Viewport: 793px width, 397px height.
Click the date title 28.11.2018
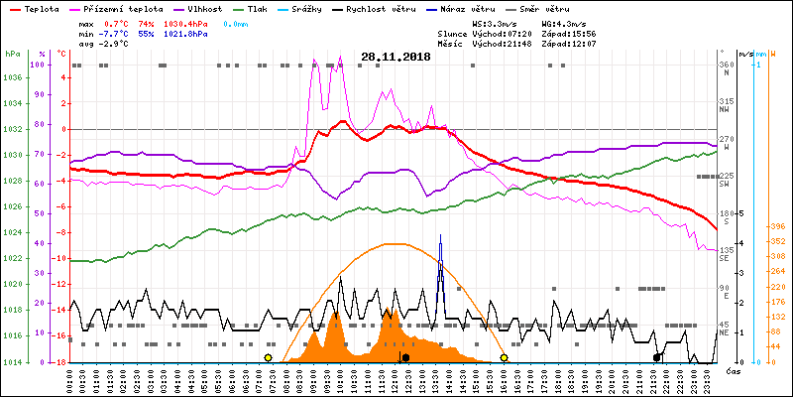pos(396,58)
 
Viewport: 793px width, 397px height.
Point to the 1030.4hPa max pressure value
pos(186,22)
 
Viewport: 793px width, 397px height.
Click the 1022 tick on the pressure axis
pos(13,259)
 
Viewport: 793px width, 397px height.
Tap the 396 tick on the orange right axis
pos(779,226)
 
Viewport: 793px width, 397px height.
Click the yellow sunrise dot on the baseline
pos(269,357)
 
